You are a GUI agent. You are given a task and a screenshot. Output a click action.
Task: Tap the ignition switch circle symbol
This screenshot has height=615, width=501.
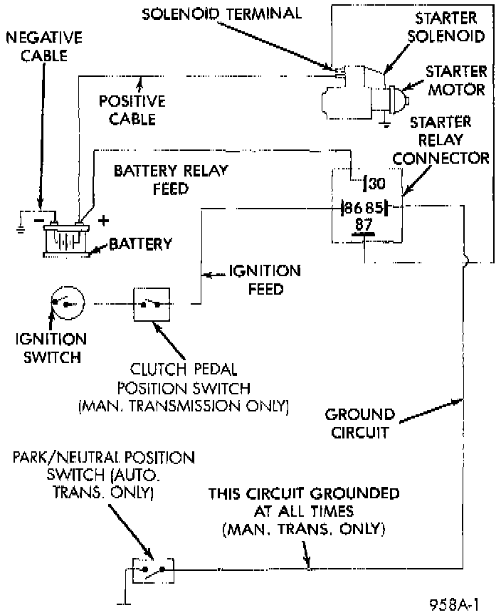pos(68,303)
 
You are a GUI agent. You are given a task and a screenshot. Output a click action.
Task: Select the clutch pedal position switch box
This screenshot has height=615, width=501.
pos(152,305)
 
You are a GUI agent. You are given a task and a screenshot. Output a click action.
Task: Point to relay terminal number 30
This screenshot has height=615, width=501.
pos(376,184)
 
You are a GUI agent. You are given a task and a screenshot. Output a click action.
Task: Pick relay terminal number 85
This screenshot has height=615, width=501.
pos(374,207)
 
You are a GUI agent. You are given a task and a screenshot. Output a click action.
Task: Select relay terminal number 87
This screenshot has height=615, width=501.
pos(364,225)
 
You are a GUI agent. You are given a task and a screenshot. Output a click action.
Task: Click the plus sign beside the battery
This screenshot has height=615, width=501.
pos(103,221)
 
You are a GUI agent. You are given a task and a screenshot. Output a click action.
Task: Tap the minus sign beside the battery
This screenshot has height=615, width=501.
pos(39,221)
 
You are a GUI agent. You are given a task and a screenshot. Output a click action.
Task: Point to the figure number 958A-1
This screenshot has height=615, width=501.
pos(454,604)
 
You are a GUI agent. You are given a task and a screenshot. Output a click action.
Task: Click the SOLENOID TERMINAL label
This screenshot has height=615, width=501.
pos(221,14)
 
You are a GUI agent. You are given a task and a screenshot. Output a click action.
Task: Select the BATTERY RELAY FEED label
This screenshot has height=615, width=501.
pos(171,180)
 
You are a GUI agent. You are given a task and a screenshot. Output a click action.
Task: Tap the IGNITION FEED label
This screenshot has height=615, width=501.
pos(265,280)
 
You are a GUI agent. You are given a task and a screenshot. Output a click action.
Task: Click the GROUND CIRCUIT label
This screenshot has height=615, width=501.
pos(359,424)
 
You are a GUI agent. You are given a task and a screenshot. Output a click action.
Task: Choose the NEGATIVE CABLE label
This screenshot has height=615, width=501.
pos(44,47)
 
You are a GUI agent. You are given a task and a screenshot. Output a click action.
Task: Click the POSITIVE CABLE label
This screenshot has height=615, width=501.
pos(132,110)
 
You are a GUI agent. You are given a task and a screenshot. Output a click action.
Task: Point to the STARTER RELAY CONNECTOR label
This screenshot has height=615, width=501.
pos(441,140)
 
